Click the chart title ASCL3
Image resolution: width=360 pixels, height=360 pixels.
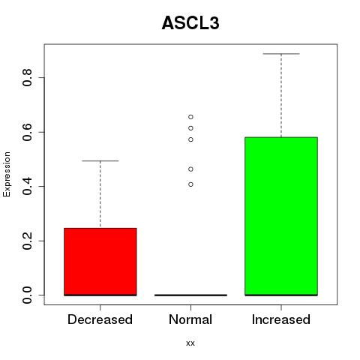190,23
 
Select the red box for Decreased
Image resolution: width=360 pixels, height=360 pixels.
100,262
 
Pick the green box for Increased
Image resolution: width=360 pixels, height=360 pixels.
281,216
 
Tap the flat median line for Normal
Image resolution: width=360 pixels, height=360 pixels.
190,295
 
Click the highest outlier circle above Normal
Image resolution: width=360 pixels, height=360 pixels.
190,117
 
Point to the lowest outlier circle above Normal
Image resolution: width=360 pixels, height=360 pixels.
190,184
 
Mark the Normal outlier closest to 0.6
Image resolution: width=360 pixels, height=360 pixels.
190,128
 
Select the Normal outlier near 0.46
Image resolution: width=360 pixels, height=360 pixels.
190,169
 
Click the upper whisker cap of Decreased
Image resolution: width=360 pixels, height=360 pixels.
100,160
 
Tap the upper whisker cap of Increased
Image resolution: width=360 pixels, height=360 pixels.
281,54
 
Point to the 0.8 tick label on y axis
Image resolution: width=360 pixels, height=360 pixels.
27,77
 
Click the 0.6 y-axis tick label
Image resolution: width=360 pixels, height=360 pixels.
27,132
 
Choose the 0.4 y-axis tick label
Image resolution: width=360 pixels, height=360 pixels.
27,186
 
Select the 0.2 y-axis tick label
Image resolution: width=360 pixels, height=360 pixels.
27,241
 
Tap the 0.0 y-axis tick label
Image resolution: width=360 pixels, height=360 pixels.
27,295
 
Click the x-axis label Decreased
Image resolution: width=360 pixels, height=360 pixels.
100,319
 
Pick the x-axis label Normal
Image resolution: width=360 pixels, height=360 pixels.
190,319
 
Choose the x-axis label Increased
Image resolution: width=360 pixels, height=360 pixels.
281,319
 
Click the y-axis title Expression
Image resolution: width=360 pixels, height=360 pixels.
7,174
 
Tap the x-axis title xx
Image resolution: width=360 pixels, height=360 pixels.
190,343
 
